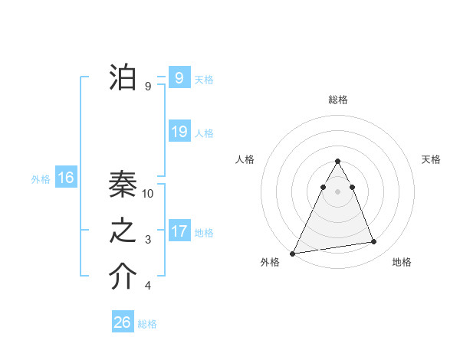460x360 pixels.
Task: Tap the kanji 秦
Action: pyautogui.click(x=123, y=186)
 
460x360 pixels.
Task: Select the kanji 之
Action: pyautogui.click(x=123, y=232)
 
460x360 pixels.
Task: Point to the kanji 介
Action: pyautogui.click(x=123, y=277)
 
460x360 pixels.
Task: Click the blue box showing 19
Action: pyautogui.click(x=179, y=132)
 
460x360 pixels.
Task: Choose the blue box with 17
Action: pyautogui.click(x=179, y=231)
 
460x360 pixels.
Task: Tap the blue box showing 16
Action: pyautogui.click(x=66, y=178)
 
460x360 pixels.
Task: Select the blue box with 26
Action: pyautogui.click(x=122, y=322)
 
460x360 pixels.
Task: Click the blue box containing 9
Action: pyautogui.click(x=179, y=78)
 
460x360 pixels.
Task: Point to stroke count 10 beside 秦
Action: pyautogui.click(x=149, y=194)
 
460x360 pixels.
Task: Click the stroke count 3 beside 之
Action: pyautogui.click(x=148, y=241)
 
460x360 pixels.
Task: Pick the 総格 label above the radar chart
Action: pyautogui.click(x=337, y=100)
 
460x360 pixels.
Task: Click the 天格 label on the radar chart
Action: pyautogui.click(x=431, y=159)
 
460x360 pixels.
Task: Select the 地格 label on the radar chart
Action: pyautogui.click(x=402, y=262)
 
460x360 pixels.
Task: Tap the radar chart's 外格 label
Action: pyautogui.click(x=270, y=262)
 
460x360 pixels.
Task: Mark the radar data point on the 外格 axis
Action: pyautogui.click(x=293, y=254)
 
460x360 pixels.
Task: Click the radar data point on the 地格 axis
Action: pyautogui.click(x=374, y=242)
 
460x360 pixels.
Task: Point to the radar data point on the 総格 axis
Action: pyautogui.click(x=337, y=161)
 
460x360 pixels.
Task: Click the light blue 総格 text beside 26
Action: pyautogui.click(x=147, y=324)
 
